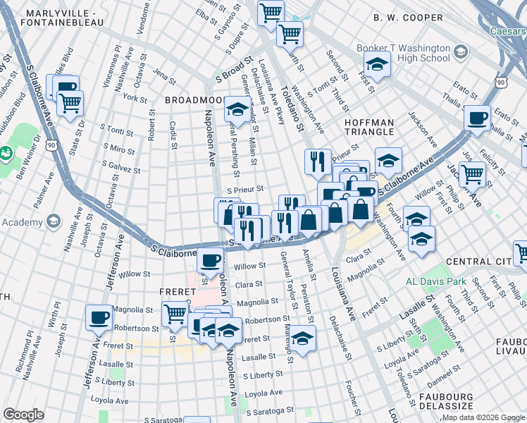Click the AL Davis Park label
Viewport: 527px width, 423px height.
click(437, 282)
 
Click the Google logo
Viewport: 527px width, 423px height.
click(23, 415)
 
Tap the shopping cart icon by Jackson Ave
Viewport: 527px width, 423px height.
click(473, 172)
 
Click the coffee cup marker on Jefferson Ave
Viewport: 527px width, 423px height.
click(99, 317)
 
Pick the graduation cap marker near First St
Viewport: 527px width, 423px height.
click(378, 65)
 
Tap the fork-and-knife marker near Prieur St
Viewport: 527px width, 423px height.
click(318, 161)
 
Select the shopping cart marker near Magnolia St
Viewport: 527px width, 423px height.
click(175, 313)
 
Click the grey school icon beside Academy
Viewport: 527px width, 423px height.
click(53, 222)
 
